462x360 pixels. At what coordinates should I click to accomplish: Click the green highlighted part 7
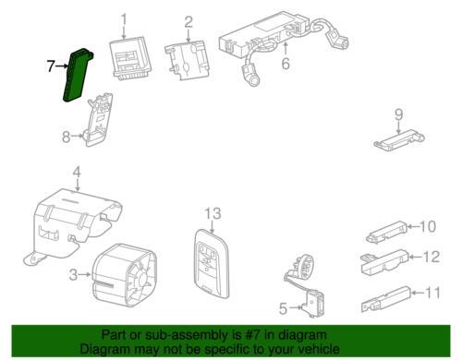tap(77, 73)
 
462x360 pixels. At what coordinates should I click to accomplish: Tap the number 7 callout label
tap(51, 66)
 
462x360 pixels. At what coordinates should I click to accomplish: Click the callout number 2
tap(188, 21)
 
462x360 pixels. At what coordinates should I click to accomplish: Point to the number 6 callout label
tap(286, 64)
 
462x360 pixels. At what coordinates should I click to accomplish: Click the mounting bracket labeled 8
tap(101, 121)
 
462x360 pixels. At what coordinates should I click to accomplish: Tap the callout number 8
tap(66, 138)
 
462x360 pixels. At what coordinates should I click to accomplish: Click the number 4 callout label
tap(78, 171)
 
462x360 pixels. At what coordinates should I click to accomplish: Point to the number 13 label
tap(213, 215)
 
